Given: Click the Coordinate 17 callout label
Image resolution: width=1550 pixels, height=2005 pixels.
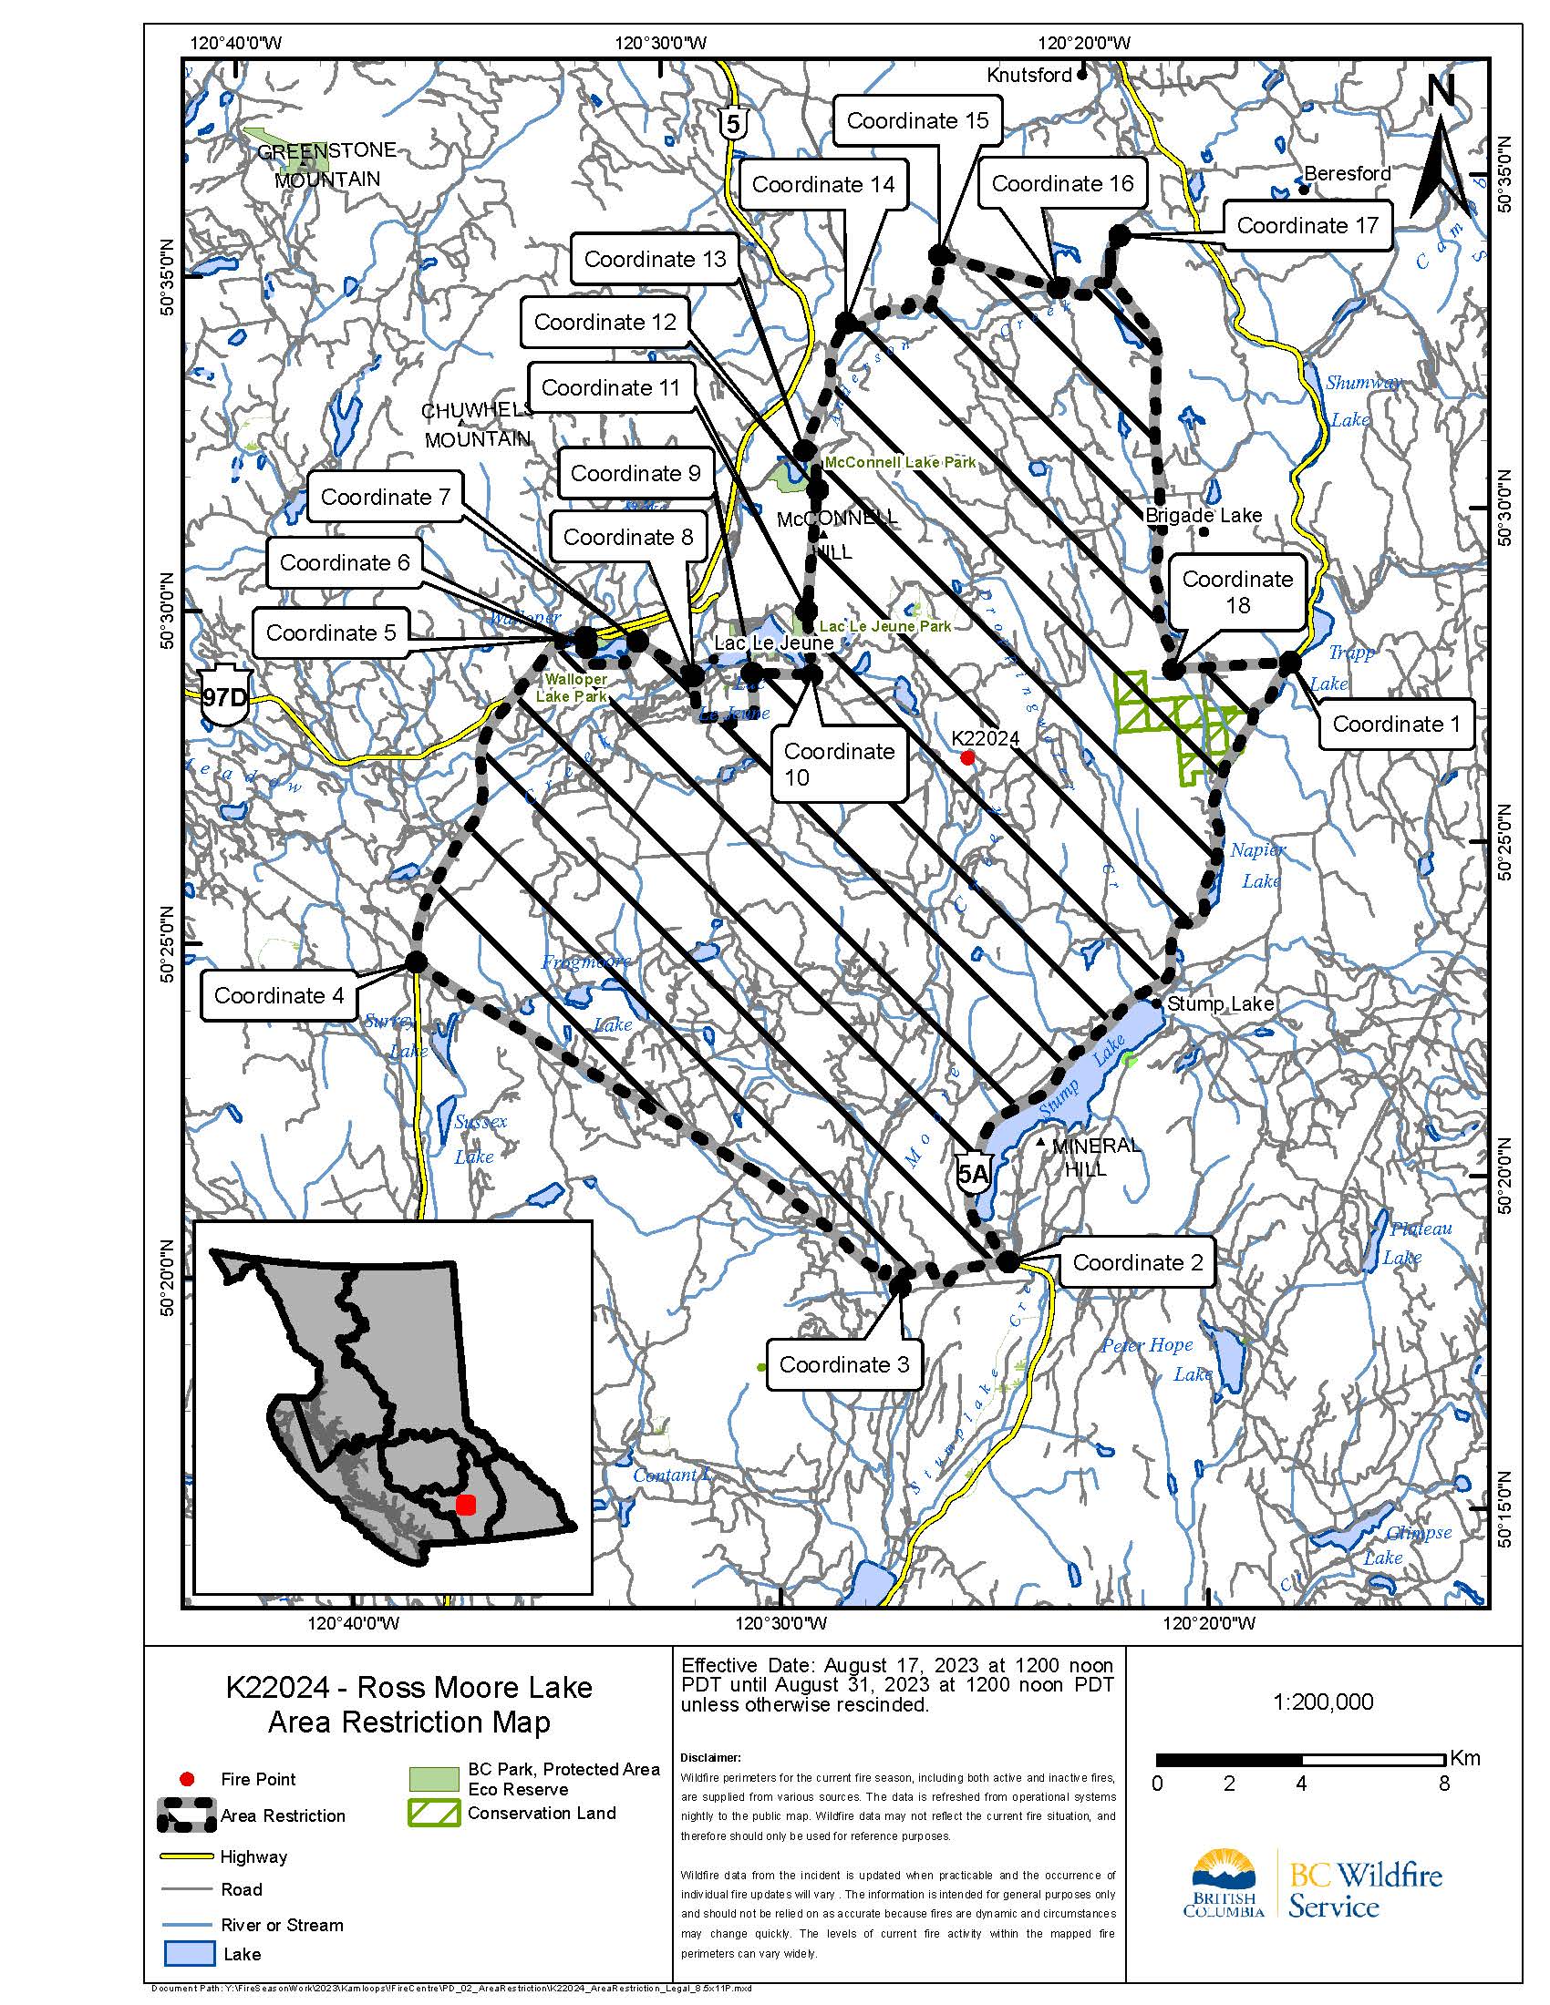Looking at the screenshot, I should (1307, 226).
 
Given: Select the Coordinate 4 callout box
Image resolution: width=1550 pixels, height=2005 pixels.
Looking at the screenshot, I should (278, 996).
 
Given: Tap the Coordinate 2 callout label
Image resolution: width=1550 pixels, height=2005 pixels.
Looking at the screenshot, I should (1137, 1263).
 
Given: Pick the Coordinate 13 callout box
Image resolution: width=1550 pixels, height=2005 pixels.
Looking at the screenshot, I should (654, 260).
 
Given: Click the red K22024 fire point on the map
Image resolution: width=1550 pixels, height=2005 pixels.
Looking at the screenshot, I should (966, 757).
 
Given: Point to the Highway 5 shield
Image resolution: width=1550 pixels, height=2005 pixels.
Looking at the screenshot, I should (732, 123).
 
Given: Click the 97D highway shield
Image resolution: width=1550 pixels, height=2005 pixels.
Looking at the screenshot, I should (224, 696).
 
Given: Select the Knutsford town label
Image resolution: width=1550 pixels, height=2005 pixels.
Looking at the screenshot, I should (1028, 76).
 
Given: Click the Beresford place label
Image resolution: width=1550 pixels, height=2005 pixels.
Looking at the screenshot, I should (1346, 173).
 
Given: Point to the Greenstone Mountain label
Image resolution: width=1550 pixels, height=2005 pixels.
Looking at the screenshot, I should (327, 164).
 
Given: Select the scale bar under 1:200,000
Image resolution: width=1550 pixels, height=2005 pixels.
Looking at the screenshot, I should (1300, 1760).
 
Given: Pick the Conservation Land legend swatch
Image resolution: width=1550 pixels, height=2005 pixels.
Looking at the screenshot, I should (433, 1813).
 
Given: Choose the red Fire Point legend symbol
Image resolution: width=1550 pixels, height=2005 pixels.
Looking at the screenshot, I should (187, 1779).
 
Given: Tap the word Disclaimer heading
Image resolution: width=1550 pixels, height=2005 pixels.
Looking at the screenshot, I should (709, 1758).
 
